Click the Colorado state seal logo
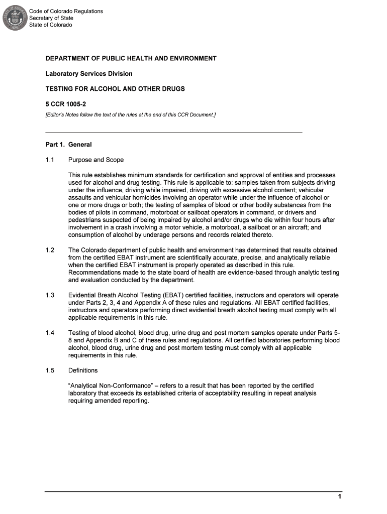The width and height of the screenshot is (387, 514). pyautogui.click(x=14, y=19)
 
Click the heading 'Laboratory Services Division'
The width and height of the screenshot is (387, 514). pyautogui.click(x=89, y=74)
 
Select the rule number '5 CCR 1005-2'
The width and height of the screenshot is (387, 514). pyautogui.click(x=63, y=104)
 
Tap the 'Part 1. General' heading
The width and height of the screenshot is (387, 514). pyautogui.click(x=68, y=145)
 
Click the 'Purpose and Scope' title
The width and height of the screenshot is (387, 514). pyautogui.click(x=96, y=160)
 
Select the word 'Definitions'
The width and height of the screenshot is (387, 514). pyautogui.click(x=83, y=370)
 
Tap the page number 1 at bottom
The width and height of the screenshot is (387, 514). pyautogui.click(x=340, y=497)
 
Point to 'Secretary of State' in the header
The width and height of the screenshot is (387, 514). pyautogui.click(x=51, y=18)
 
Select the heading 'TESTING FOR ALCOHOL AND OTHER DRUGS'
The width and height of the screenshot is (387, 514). pyautogui.click(x=115, y=89)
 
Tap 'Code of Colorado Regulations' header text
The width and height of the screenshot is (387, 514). pyautogui.click(x=66, y=11)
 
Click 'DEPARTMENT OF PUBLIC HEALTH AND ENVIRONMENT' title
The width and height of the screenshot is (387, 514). pyautogui.click(x=131, y=58)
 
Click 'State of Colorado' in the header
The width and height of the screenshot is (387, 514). pyautogui.click(x=50, y=25)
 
